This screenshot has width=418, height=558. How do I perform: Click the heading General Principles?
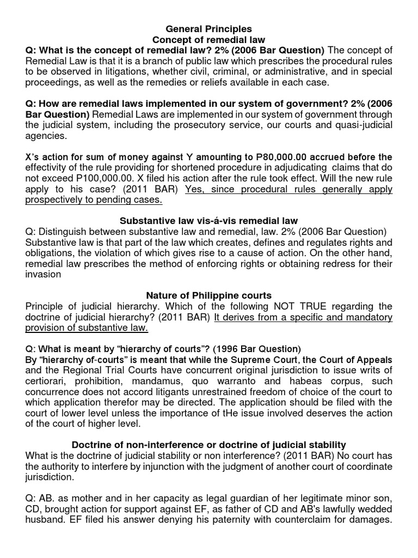tap(209, 28)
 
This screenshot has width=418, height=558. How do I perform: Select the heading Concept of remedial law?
tap(209, 40)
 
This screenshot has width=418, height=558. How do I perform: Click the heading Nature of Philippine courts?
tap(209, 295)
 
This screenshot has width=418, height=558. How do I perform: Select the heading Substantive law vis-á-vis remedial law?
tap(209, 220)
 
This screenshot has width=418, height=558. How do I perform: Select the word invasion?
tap(44, 274)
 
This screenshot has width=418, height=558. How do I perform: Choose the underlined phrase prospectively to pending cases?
tap(93, 200)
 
